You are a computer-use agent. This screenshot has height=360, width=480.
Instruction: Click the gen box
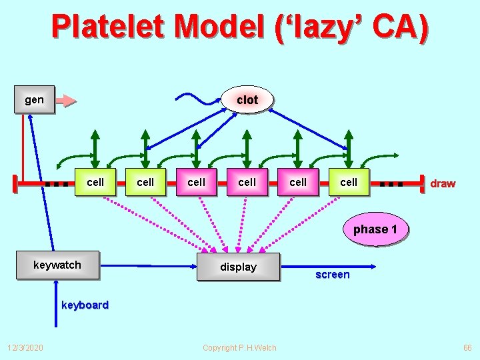click(34, 100)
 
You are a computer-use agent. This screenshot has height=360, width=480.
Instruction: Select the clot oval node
click(247, 100)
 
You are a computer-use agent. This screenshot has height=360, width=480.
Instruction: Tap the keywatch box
click(57, 265)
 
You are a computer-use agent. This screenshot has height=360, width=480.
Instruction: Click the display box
click(238, 267)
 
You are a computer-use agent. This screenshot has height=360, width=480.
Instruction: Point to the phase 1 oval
click(375, 229)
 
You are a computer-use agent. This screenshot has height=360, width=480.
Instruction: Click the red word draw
click(443, 183)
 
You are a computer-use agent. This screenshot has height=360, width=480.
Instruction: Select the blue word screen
click(332, 275)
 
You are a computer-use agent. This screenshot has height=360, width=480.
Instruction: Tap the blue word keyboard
click(85, 305)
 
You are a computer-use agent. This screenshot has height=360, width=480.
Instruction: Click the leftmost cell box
click(95, 182)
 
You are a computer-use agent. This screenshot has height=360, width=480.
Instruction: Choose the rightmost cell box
click(349, 182)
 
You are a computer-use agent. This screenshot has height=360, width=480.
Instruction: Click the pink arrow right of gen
click(66, 101)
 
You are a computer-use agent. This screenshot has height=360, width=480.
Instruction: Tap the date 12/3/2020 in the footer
click(25, 347)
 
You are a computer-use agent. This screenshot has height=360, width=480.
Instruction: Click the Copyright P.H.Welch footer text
click(239, 347)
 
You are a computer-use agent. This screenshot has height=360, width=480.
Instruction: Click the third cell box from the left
click(197, 182)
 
